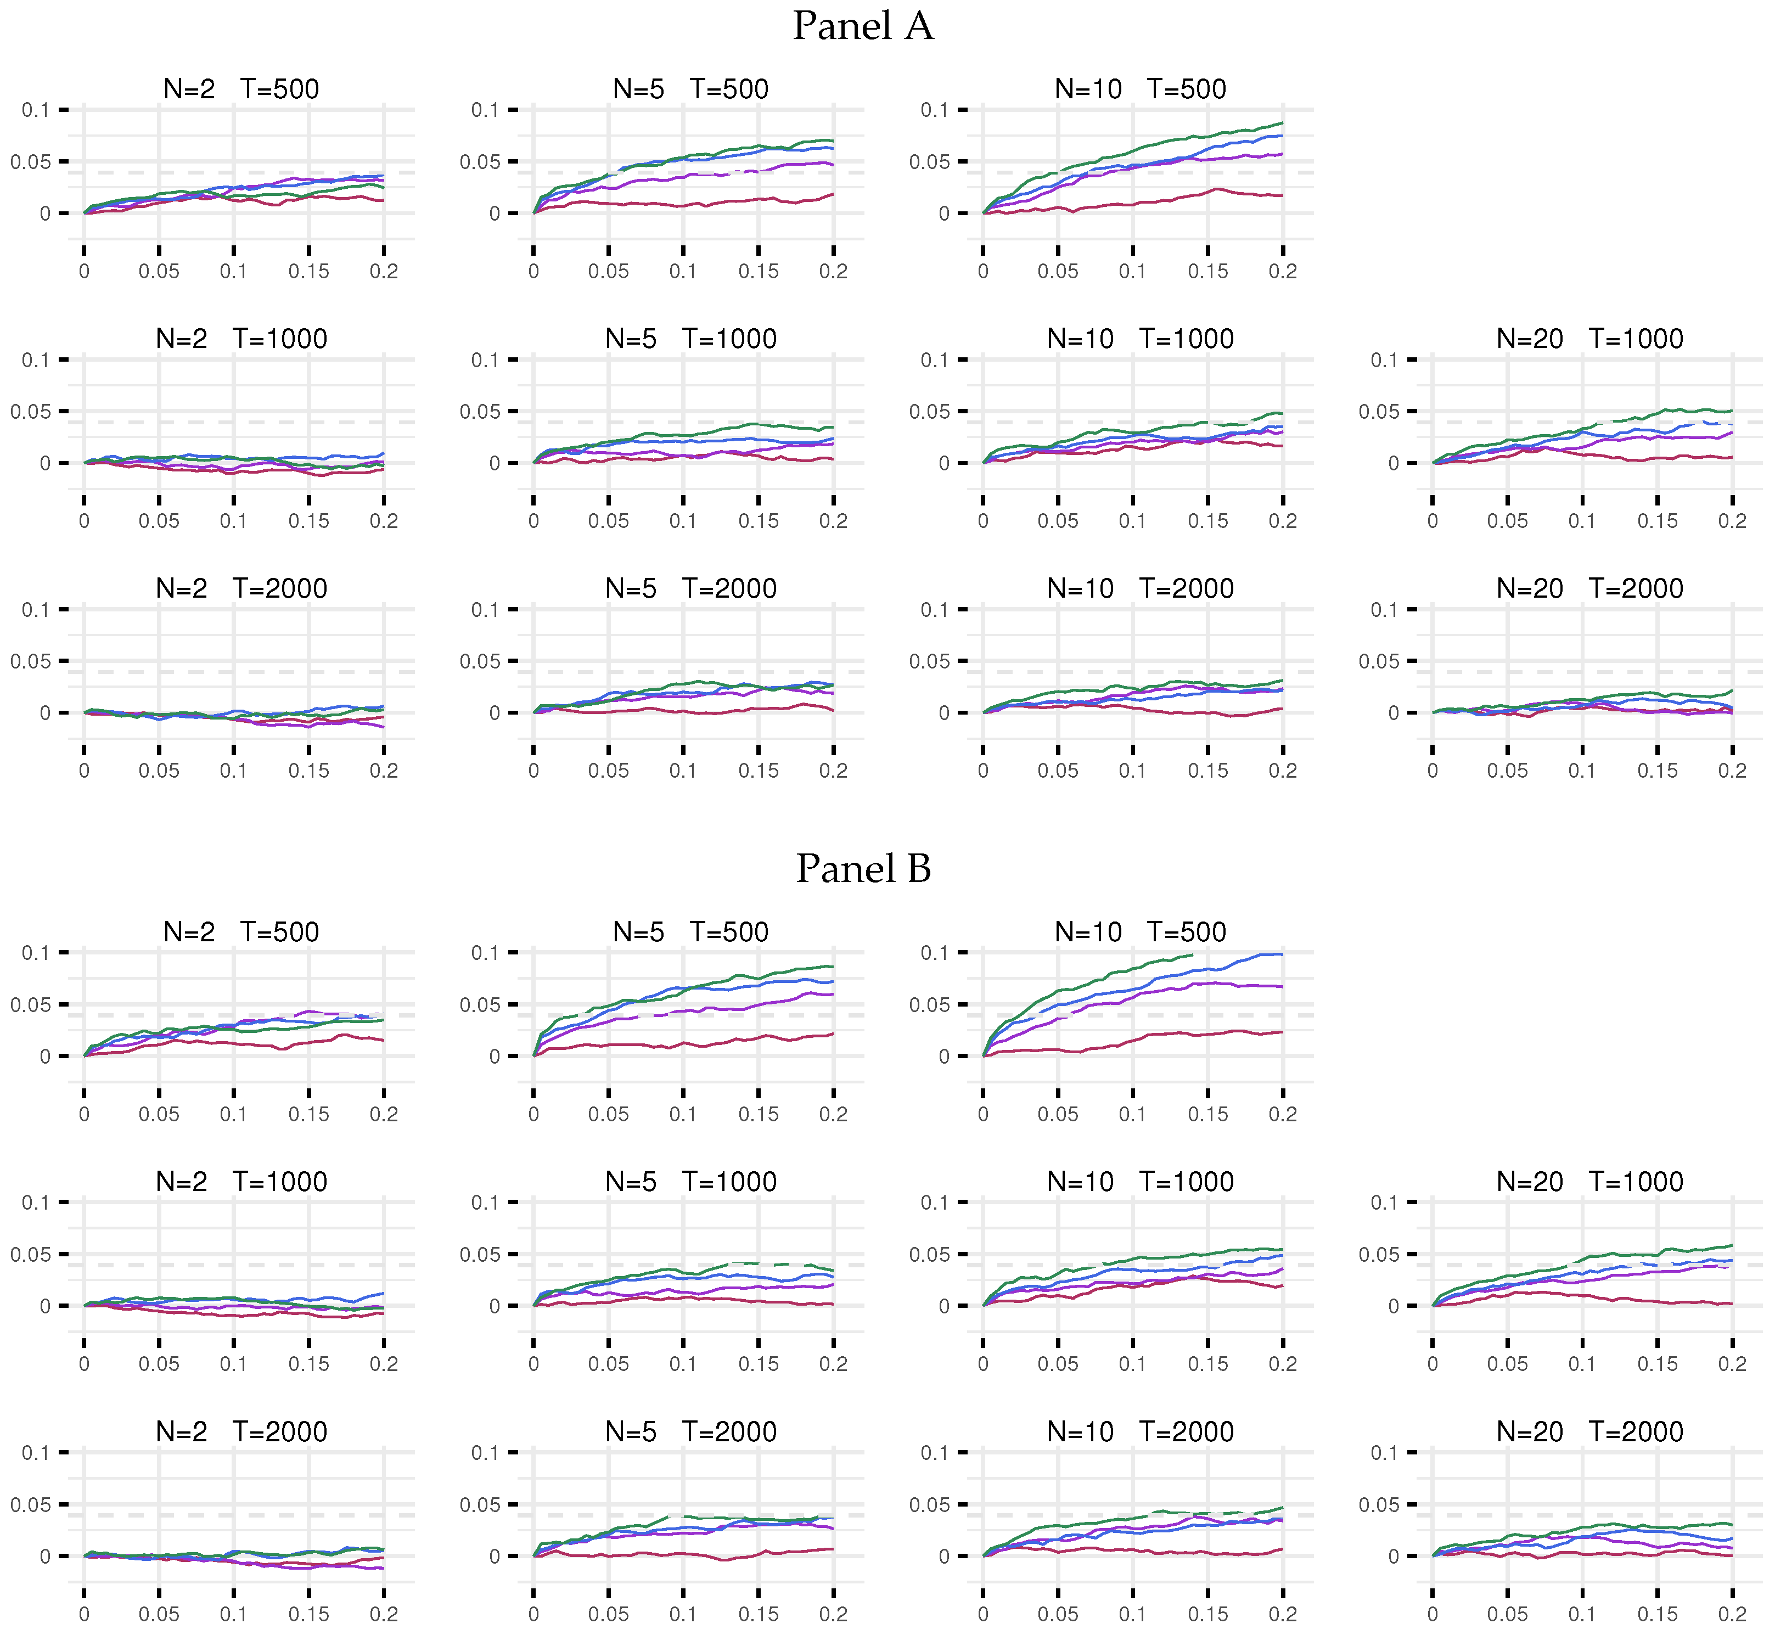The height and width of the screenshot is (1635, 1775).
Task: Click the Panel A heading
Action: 863,26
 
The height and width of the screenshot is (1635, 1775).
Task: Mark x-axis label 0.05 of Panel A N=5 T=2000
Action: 608,771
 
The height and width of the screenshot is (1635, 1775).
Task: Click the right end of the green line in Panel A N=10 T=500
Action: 1282,123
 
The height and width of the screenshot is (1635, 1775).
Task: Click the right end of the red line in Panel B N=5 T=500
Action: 833,1033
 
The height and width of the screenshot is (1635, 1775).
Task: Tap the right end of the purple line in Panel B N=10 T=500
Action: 1282,986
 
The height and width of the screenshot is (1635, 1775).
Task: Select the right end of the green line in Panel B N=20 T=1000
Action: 1732,1246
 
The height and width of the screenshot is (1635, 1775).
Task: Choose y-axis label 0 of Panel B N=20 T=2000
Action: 1393,1557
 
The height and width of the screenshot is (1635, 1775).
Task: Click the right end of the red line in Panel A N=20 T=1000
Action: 1732,457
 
